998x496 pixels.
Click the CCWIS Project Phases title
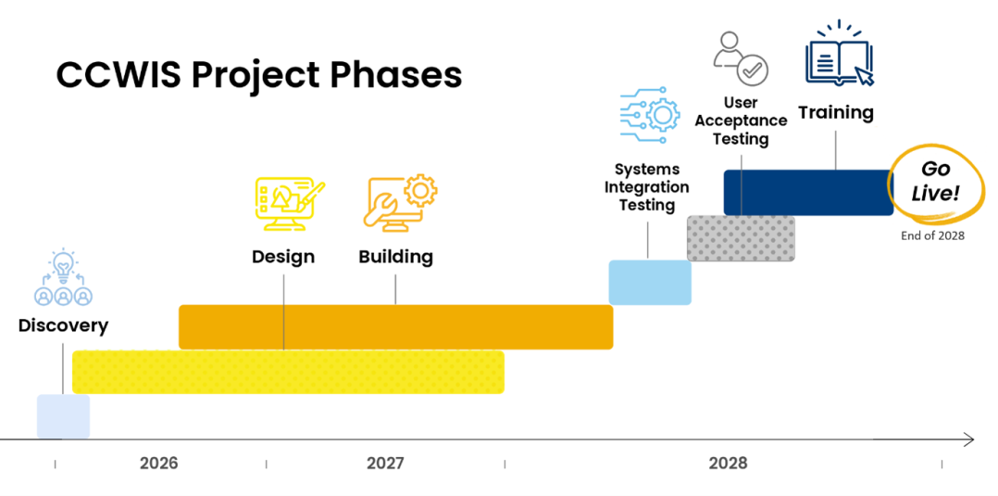point(258,74)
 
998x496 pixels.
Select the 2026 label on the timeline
point(158,463)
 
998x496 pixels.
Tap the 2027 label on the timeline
point(384,463)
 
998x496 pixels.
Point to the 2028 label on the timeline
point(728,463)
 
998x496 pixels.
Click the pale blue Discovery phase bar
point(63,416)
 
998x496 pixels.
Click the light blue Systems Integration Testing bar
point(649,282)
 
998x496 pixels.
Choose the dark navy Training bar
point(807,192)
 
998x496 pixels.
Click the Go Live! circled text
point(935,182)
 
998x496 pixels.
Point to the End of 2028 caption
point(932,235)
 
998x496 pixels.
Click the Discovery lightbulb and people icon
point(63,277)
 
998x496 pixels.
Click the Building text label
point(395,257)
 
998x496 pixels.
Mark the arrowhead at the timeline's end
point(967,439)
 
